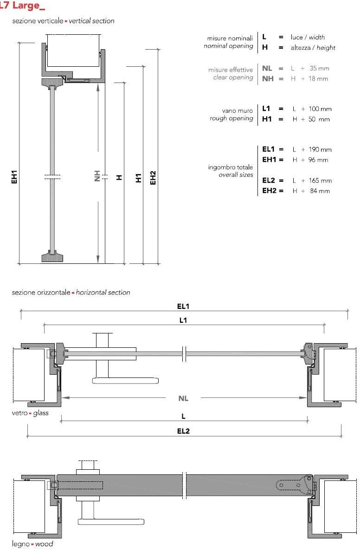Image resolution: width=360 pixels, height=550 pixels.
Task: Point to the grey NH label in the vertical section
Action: pos(97,176)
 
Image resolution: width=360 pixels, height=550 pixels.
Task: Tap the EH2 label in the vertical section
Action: pos(154,177)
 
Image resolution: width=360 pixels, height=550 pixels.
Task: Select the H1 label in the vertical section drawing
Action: pos(138,177)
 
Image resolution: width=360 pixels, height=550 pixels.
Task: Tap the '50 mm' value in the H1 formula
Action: pos(320,120)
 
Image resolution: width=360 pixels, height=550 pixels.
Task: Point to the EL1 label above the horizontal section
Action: pos(184,307)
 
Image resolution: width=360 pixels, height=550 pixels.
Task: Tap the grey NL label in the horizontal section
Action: pos(183,398)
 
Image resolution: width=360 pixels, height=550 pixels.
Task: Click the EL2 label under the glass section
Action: pos(184,431)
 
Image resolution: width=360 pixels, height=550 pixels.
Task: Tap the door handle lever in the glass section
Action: pos(125,381)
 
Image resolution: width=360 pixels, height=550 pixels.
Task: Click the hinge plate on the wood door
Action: pos(292,485)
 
